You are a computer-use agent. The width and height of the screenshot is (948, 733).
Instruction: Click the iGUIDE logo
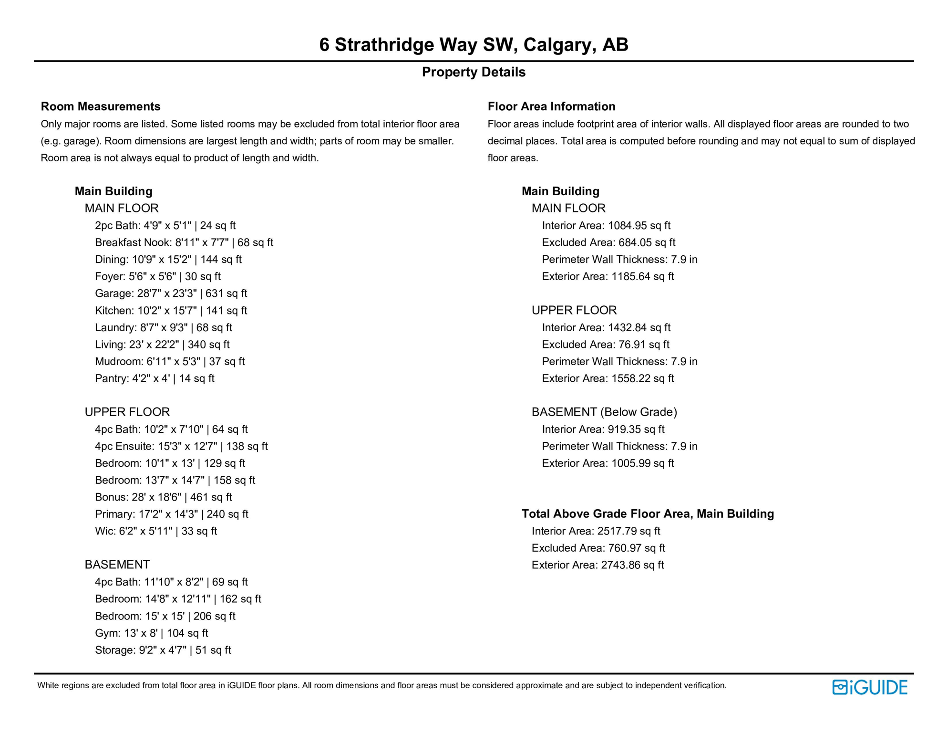[869, 687]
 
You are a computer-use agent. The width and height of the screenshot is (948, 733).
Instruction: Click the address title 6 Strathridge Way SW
[473, 45]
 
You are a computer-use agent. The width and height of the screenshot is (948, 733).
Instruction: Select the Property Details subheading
[473, 72]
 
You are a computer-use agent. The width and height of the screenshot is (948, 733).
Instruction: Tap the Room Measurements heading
[101, 106]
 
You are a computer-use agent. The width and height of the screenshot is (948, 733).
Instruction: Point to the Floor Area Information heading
[551, 106]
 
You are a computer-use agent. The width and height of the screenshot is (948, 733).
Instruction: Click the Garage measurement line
[171, 293]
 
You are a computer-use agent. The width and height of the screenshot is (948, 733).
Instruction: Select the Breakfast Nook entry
[184, 242]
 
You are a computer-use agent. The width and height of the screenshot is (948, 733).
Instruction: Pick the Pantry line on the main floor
[155, 378]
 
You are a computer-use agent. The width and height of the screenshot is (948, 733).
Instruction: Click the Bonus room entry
[163, 497]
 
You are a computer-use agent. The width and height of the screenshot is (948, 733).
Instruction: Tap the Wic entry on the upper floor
[155, 531]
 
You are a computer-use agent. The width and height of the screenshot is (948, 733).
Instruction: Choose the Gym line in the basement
[151, 633]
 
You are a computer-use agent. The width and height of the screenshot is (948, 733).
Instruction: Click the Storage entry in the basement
[163, 650]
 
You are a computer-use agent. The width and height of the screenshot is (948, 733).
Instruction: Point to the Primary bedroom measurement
[171, 514]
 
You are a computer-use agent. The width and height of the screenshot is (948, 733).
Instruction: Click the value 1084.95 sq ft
[639, 226]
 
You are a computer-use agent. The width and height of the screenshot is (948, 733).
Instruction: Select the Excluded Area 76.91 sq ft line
[605, 345]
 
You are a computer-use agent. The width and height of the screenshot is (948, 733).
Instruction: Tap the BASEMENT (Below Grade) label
[604, 412]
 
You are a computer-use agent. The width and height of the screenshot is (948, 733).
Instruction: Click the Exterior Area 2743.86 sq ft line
[598, 565]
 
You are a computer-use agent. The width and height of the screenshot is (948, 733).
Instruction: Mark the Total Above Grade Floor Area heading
[648, 514]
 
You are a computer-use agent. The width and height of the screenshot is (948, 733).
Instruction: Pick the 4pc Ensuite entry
[181, 446]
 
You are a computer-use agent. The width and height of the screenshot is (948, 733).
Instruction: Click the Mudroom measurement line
[170, 362]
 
